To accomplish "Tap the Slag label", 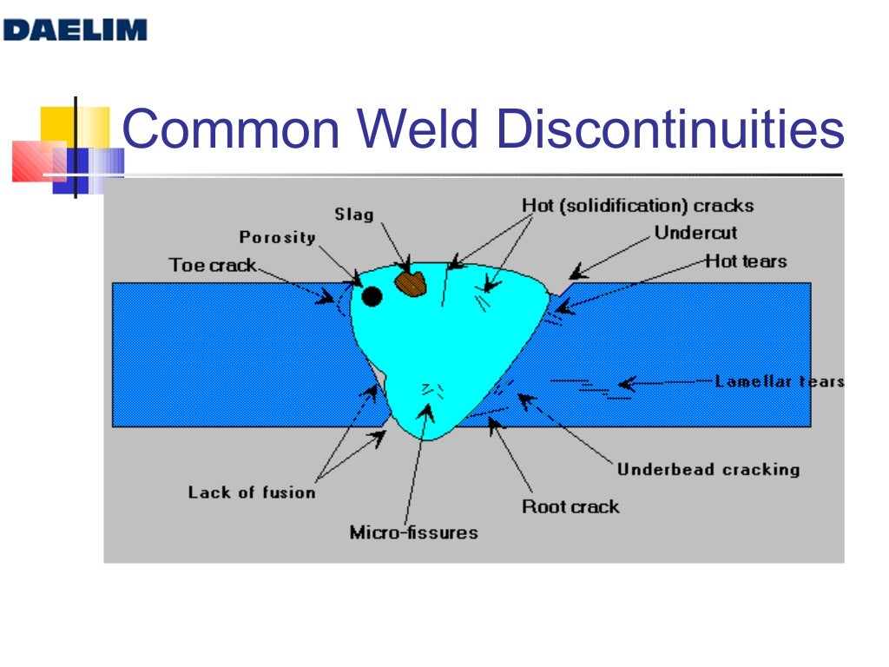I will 353,214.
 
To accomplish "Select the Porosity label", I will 277,237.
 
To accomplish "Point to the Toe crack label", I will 213,265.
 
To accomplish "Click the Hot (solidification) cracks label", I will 637,206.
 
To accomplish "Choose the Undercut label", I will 695,233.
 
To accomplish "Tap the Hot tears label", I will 746,261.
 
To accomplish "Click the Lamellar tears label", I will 779,381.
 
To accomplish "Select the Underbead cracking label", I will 708,470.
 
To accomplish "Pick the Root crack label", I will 570,506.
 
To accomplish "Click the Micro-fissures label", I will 413,532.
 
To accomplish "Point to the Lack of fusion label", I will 252,492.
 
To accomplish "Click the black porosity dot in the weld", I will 372,297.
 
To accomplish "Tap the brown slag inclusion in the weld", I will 411,283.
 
